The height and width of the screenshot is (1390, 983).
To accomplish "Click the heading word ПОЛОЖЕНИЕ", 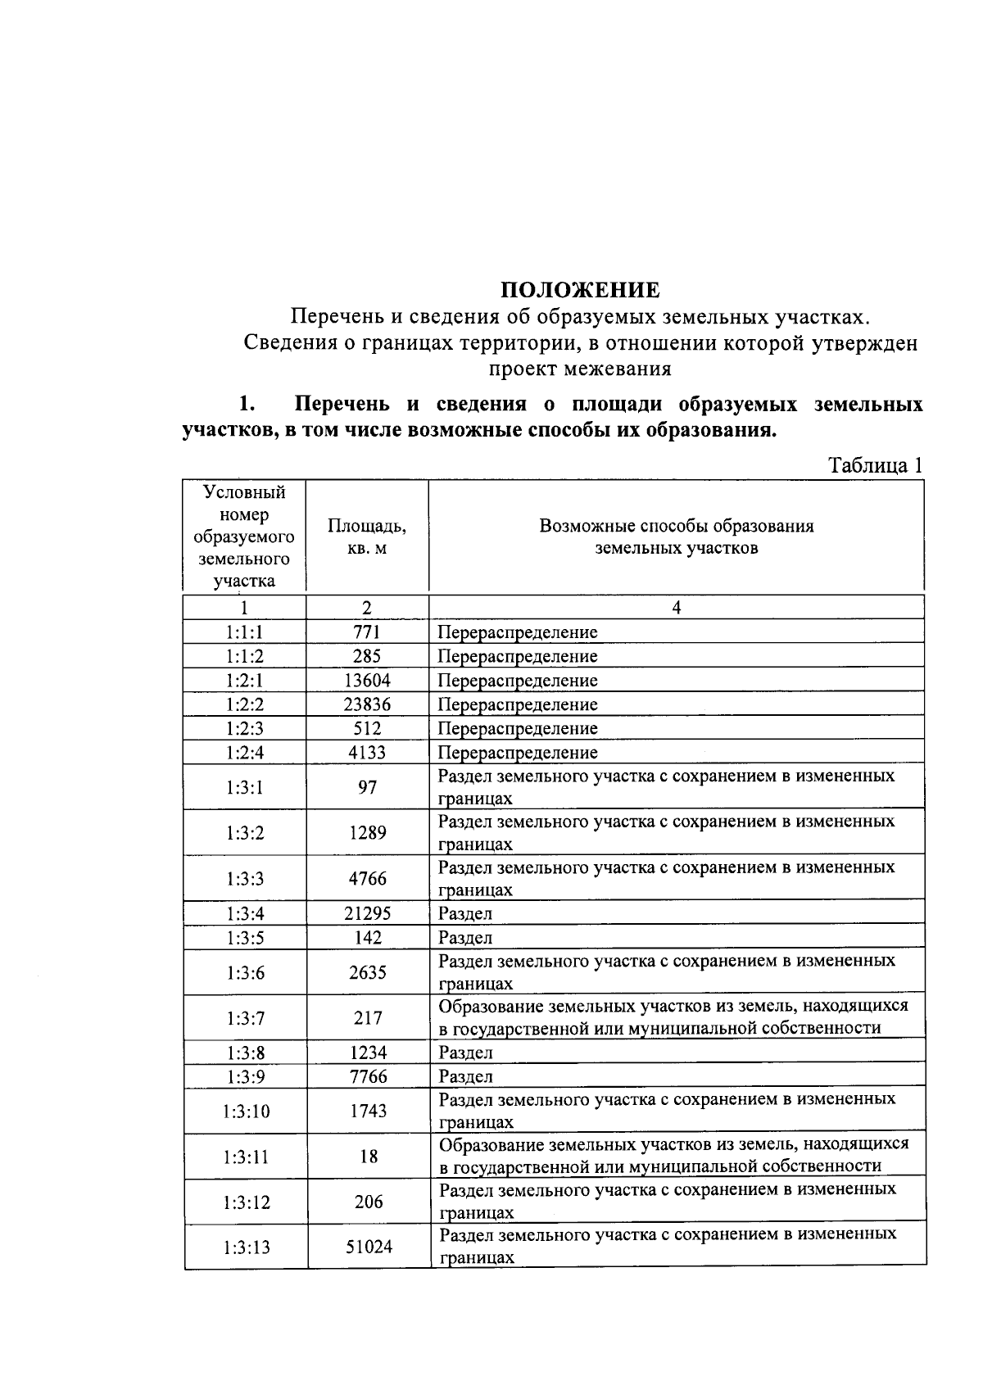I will (580, 290).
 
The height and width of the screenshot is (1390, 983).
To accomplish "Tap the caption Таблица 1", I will (876, 465).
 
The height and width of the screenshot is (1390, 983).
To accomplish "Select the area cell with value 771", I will (367, 632).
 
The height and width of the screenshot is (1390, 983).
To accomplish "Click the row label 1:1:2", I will (245, 656).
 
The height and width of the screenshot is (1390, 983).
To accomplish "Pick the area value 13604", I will (367, 680).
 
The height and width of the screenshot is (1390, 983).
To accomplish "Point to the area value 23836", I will (367, 704).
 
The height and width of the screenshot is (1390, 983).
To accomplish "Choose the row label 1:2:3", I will (245, 728).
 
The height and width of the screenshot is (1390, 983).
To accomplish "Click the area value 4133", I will (367, 752).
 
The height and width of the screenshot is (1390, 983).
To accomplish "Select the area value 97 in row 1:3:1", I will (367, 787).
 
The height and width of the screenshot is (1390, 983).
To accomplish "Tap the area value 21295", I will (367, 913).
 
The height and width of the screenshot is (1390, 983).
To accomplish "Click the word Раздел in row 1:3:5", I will (465, 938).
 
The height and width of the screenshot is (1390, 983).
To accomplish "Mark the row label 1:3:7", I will (245, 1018).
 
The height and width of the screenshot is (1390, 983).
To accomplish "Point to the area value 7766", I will (368, 1076).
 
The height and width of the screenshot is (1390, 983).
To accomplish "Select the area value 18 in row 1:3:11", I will (369, 1157).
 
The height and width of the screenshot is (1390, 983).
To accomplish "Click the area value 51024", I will (369, 1247).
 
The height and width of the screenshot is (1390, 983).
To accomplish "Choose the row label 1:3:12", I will (246, 1202).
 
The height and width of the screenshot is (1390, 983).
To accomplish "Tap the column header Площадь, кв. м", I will (367, 537).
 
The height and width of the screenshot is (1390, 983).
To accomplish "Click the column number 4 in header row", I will (676, 607).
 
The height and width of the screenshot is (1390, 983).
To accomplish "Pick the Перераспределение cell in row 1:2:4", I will (518, 752).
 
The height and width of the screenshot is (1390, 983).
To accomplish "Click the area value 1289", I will (367, 833).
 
